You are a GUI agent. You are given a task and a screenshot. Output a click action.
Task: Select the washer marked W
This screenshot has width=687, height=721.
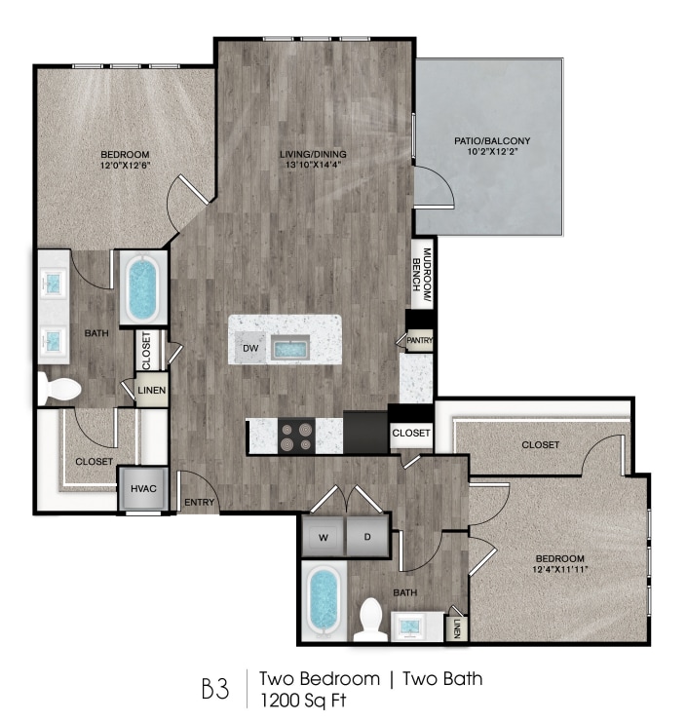tap(323, 536)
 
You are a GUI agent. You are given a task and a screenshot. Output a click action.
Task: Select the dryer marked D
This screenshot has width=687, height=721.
tap(367, 536)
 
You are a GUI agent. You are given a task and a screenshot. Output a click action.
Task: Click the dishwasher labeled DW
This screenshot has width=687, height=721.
tap(249, 346)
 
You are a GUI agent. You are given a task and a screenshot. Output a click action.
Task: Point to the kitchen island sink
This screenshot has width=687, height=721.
tap(291, 347)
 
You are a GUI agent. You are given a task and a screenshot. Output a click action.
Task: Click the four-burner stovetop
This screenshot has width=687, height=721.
tap(296, 436)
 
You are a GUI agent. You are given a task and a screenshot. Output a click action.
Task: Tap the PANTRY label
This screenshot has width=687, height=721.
tap(419, 340)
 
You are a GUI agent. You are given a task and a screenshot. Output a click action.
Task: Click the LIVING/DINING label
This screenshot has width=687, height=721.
tap(314, 154)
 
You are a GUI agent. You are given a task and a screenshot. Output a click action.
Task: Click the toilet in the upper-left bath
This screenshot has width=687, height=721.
tap(61, 388)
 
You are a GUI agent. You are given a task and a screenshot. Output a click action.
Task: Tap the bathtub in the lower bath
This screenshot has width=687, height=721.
tap(323, 603)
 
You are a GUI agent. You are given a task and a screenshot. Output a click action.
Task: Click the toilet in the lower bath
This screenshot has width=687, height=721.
tap(369, 619)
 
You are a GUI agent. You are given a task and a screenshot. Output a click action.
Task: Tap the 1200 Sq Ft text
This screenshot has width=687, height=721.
tap(303, 699)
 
